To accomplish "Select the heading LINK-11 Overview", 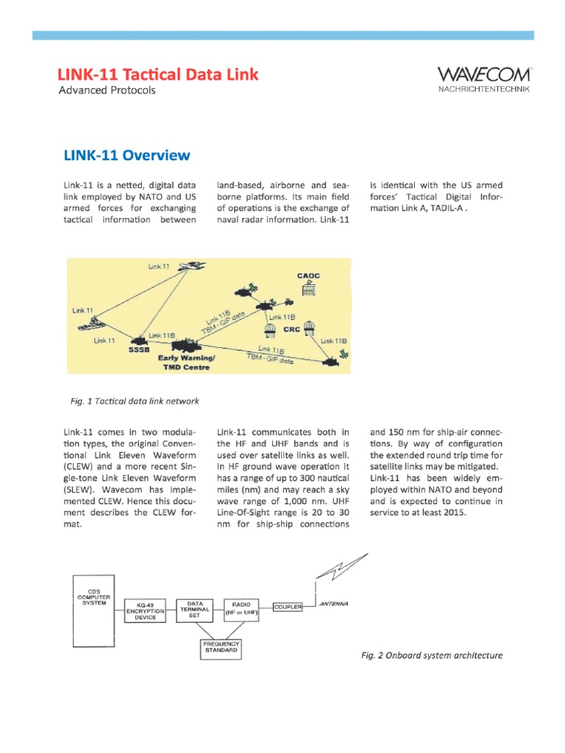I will [x=127, y=155].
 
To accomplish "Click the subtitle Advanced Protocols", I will [x=107, y=90].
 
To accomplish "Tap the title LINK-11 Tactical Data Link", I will [x=158, y=74].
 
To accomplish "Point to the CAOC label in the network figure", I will [x=308, y=276].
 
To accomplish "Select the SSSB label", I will [x=140, y=350].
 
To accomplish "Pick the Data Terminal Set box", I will [x=195, y=609].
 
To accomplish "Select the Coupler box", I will [x=293, y=607].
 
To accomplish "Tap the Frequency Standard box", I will [x=221, y=647].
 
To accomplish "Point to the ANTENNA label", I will [x=333, y=604].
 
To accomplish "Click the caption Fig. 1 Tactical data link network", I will [x=135, y=401].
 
